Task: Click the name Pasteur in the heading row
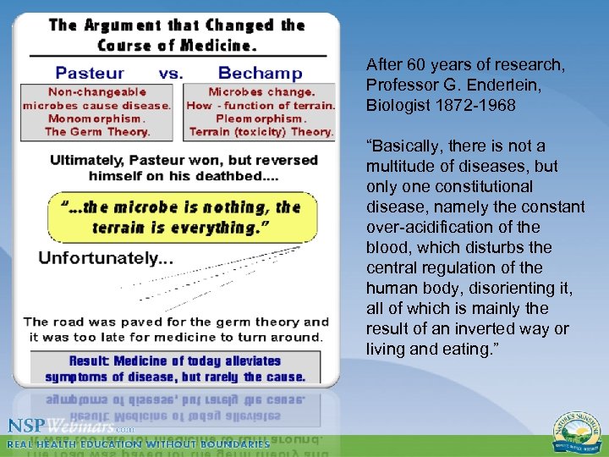90,73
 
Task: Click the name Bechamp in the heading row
260,73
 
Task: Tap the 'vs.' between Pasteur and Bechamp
170,73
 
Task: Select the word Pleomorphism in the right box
261,119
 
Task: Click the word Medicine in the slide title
212,45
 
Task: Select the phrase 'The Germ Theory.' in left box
96,132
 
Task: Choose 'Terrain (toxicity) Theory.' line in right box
261,132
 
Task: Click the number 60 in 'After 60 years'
414,64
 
